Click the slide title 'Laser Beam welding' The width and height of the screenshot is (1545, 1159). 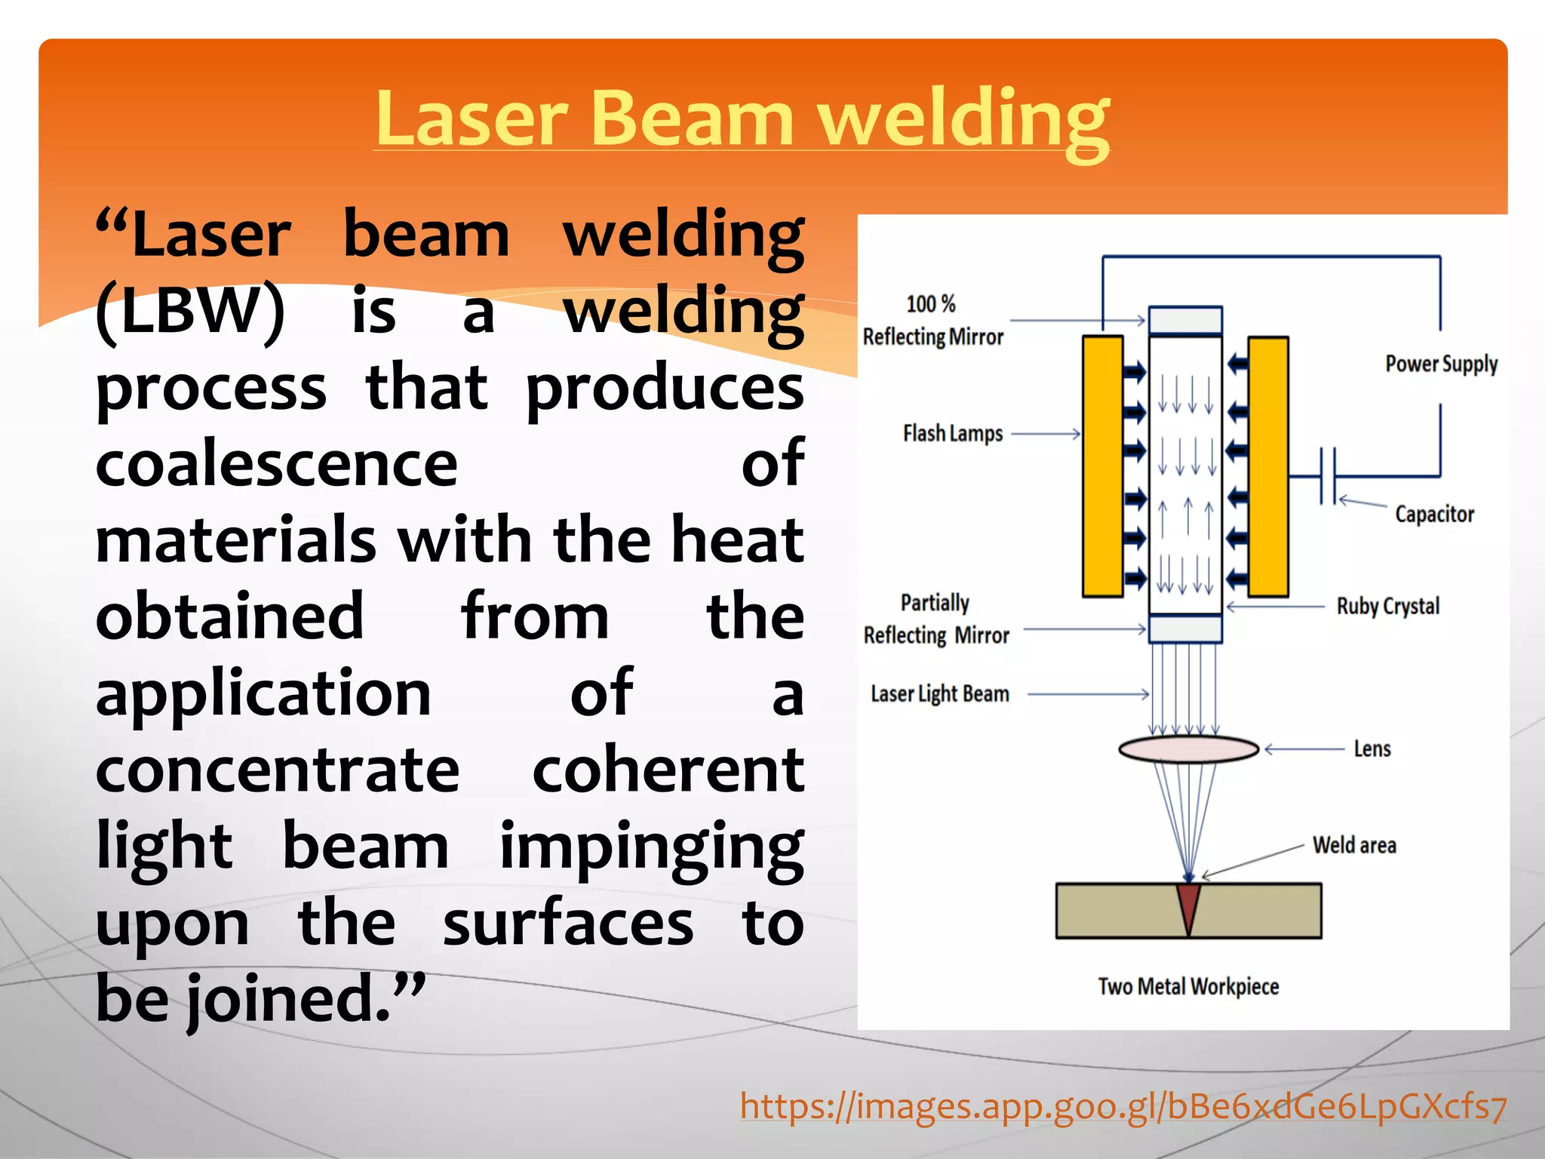(742, 118)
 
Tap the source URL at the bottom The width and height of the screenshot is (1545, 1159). (1123, 1107)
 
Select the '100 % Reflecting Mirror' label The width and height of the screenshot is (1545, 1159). (932, 321)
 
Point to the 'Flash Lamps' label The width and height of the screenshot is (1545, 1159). (953, 434)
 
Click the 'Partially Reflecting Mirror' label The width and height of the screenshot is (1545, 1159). (936, 619)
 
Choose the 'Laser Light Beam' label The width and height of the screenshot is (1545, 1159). (939, 693)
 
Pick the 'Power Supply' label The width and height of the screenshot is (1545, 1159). (1441, 364)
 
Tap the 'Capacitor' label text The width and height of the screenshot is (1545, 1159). (1434, 515)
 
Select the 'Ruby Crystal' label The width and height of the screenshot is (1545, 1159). (1388, 606)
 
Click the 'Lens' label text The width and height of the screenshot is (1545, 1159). (1372, 749)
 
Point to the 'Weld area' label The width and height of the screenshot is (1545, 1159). (1354, 845)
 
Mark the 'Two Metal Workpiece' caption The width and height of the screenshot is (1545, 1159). (1188, 986)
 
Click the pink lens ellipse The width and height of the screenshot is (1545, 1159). (1188, 749)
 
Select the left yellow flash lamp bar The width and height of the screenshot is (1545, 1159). (1102, 466)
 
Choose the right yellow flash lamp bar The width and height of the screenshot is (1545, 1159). (1268, 466)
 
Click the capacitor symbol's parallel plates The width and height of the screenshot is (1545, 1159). (1328, 476)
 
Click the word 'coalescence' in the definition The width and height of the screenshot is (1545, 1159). (276, 463)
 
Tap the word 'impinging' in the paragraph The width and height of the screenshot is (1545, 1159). (652, 847)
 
